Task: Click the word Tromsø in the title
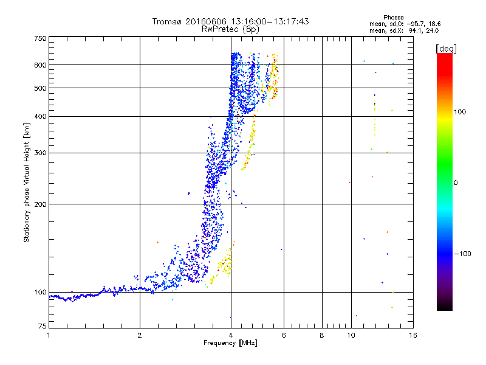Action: coord(168,21)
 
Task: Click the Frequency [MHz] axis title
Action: coord(230,343)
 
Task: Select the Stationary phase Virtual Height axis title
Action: coord(27,182)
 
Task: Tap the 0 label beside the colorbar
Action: coord(456,182)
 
